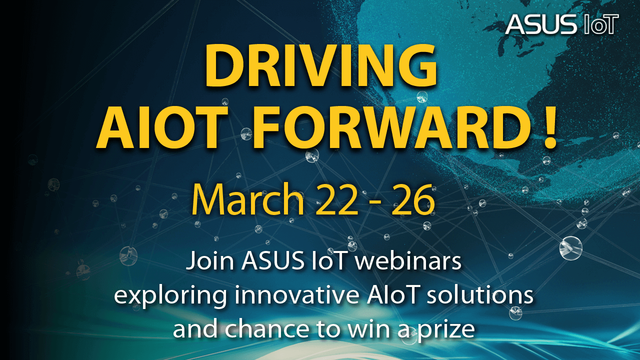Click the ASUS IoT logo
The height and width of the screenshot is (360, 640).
561,24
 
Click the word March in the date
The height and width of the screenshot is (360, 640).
247,199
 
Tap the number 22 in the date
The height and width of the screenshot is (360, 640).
337,199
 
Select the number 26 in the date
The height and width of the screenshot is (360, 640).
413,199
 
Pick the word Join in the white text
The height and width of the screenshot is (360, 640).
210,261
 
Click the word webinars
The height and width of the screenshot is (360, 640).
408,260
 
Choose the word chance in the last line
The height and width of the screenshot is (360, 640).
267,328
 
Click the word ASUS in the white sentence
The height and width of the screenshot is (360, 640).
272,260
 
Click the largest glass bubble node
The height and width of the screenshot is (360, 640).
571,248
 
